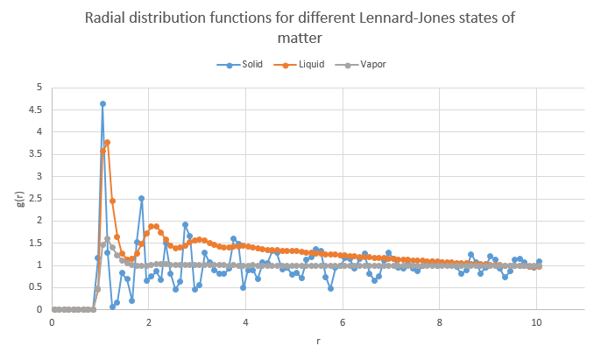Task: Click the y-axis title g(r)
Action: pos(18,199)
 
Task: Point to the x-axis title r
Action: pos(318,340)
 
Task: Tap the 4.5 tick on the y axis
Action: pos(36,110)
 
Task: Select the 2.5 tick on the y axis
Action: pos(36,199)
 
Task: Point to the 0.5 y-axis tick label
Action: pos(36,287)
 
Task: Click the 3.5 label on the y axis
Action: pos(36,154)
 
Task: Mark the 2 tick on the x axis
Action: pos(149,323)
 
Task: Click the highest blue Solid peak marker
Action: pos(103,103)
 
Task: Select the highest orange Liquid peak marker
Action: pos(107,142)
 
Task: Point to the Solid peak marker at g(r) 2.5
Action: pos(141,198)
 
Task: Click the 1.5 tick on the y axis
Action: pos(36,243)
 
